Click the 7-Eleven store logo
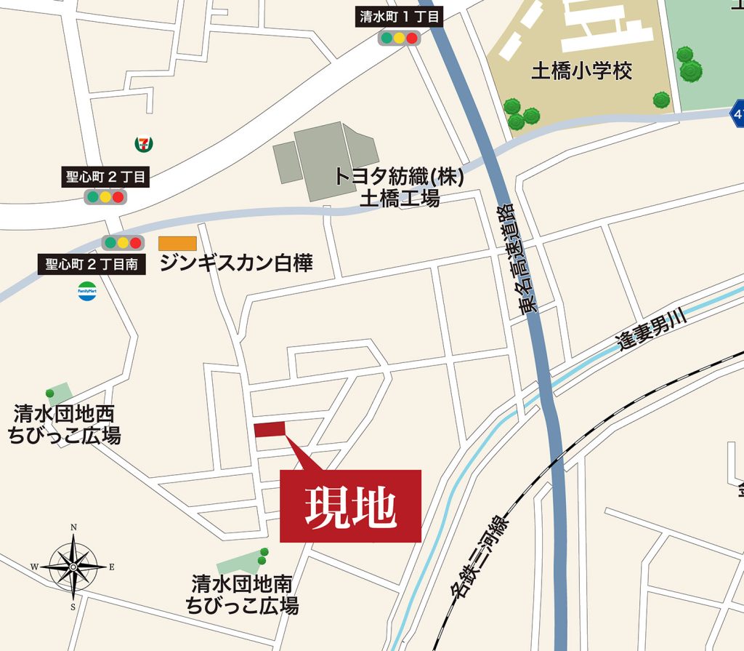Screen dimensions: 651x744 pyautogui.click(x=144, y=143)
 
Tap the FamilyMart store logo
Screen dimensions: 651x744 pyautogui.click(x=87, y=292)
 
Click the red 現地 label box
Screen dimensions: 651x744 pyautogui.click(x=351, y=506)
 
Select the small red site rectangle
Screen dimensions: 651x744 pyautogui.click(x=270, y=429)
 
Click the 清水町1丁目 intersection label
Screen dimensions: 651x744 pyautogui.click(x=400, y=17)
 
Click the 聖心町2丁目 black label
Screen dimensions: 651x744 pyautogui.click(x=105, y=175)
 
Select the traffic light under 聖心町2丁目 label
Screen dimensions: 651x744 pyautogui.click(x=105, y=196)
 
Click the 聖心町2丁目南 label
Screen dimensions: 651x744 pyautogui.click(x=92, y=263)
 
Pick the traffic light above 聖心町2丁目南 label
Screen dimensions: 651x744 pyautogui.click(x=122, y=243)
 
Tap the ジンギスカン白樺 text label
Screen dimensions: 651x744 pyautogui.click(x=236, y=263)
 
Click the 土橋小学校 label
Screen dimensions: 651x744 pyautogui.click(x=582, y=71)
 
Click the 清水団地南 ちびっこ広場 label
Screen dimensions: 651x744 pyautogui.click(x=242, y=594)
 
